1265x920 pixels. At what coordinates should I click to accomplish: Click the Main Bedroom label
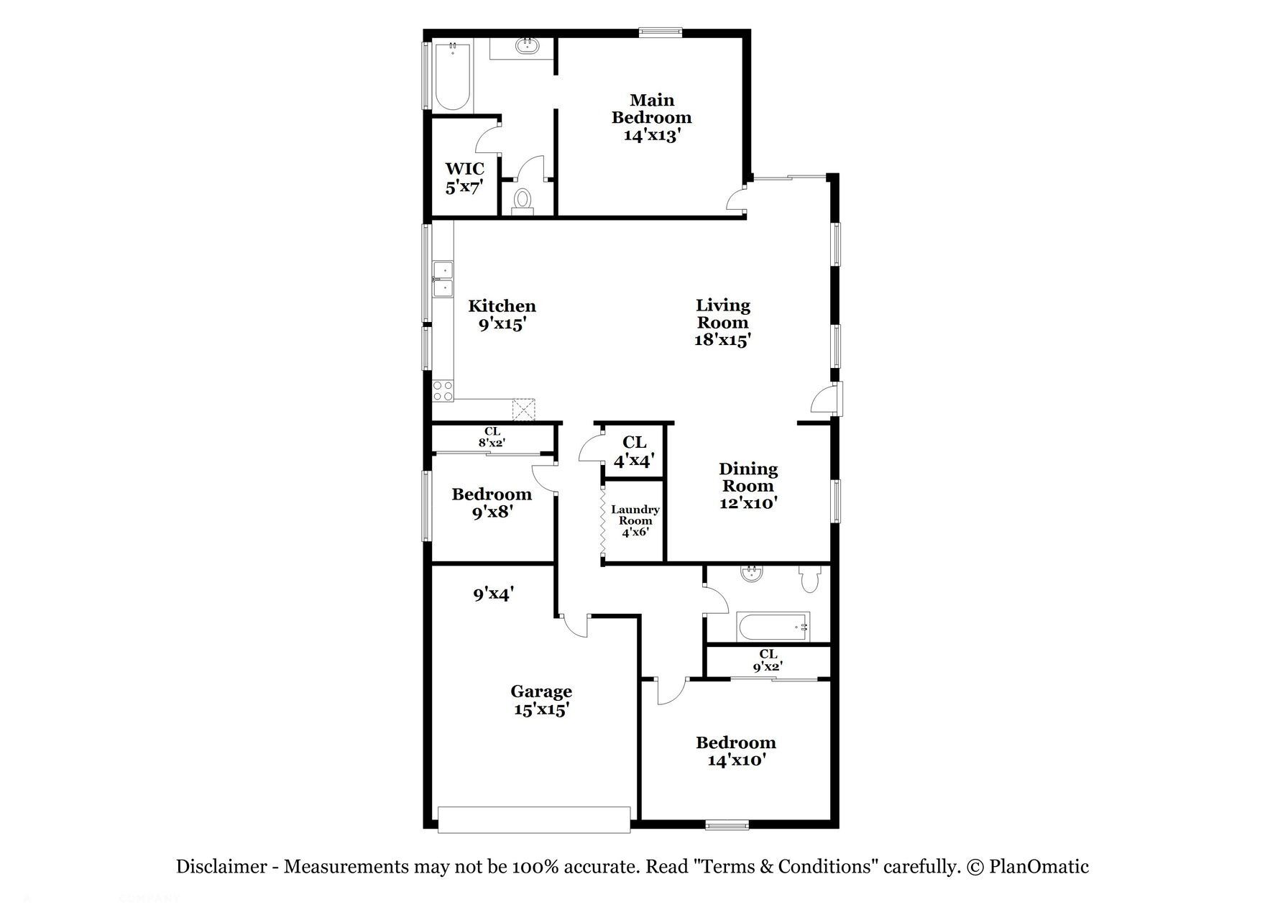coord(651,117)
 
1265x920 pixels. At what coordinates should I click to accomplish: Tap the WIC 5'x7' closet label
coord(464,178)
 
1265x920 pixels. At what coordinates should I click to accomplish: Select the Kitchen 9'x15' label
coord(502,315)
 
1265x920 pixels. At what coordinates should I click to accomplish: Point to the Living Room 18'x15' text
coord(722,323)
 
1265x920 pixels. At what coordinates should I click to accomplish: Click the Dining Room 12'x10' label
coord(748,486)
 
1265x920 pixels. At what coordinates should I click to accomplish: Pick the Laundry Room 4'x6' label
coord(635,520)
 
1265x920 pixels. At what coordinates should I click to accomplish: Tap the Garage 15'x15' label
coord(541,700)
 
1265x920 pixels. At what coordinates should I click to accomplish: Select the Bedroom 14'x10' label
coord(735,751)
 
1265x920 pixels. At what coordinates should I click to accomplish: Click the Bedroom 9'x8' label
coord(492,502)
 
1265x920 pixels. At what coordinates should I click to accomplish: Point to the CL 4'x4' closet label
coord(633,451)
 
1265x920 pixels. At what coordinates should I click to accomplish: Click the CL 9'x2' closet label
coord(768,660)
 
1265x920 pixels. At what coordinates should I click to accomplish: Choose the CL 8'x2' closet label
coord(492,437)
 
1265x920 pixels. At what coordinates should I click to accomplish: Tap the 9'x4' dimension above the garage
coord(492,594)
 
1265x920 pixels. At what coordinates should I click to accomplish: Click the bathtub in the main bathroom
coord(453,75)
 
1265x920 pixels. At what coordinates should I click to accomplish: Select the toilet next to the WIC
coord(523,199)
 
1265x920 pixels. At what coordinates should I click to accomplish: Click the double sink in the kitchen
coord(443,280)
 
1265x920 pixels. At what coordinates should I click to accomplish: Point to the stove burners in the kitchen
coord(443,390)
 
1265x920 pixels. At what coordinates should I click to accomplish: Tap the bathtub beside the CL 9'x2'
coord(773,627)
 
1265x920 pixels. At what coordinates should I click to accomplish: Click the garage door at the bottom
coord(535,819)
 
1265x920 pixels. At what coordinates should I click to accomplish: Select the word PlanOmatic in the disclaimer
coord(1039,867)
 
